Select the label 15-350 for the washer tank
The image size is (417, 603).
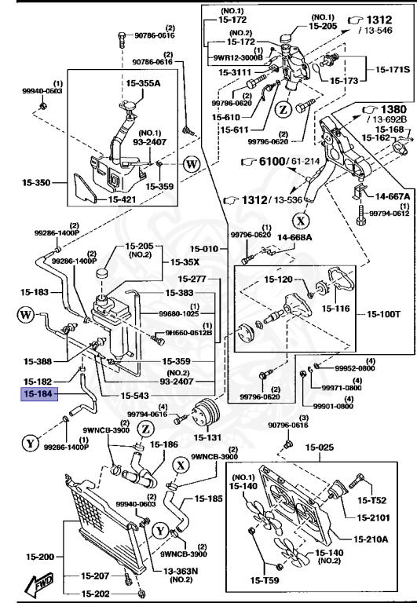(x=36, y=183)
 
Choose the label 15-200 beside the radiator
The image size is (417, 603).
(x=36, y=554)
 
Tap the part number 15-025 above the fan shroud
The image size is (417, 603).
(x=320, y=448)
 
